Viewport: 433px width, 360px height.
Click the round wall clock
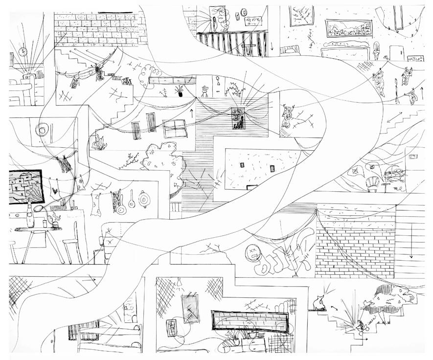coord(23,52)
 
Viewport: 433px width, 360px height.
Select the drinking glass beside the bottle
coord(45,223)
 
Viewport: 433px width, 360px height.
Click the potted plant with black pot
coord(180,91)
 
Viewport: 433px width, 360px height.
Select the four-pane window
coord(175,129)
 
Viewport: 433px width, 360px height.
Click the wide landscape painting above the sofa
coord(348,31)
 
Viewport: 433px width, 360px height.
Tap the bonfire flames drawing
coord(100,143)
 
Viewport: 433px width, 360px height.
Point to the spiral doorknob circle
coord(43,130)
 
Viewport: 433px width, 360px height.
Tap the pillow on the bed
coord(290,49)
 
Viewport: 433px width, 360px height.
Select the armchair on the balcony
coord(373,181)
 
